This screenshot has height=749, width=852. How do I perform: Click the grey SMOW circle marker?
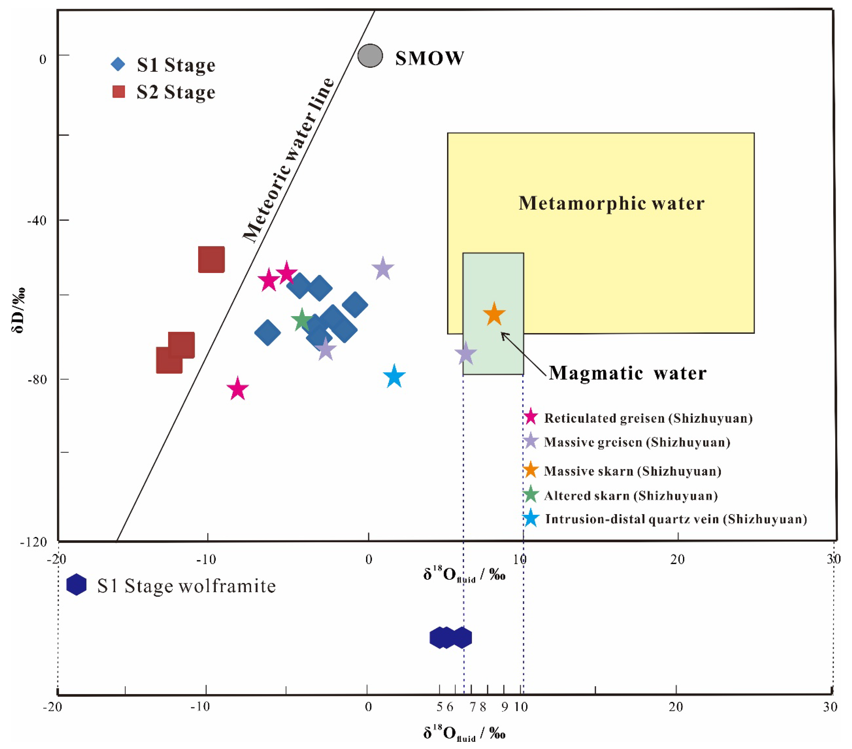click(x=370, y=55)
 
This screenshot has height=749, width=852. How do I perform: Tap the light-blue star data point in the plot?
click(x=394, y=376)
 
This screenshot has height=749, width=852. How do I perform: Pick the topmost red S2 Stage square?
click(x=211, y=259)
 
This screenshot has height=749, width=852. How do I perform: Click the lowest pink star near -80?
click(x=238, y=389)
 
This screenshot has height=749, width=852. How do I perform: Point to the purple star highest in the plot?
click(x=383, y=269)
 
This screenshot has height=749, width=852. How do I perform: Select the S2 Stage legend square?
click(x=119, y=92)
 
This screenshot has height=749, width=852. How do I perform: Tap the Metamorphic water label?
click(x=611, y=203)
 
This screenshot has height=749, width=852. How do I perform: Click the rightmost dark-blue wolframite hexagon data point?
click(x=462, y=637)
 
